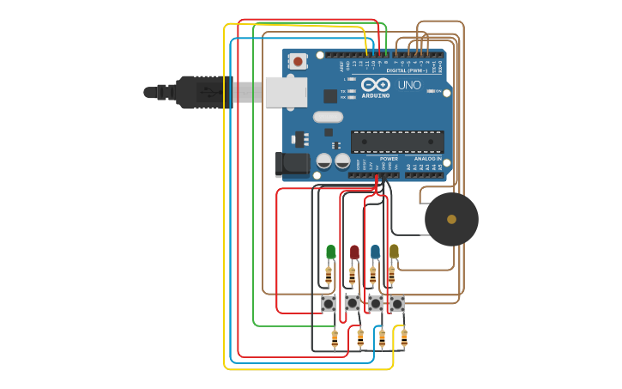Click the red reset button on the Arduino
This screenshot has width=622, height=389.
tap(298, 61)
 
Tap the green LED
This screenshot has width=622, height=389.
tap(331, 252)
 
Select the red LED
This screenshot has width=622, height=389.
tap(354, 252)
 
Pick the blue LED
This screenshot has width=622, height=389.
tap(375, 252)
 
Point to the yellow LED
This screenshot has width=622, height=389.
tap(394, 251)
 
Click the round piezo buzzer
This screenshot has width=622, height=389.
tap(451, 219)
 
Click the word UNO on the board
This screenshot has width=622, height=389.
tap(409, 85)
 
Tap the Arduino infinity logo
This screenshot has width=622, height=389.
tap(376, 84)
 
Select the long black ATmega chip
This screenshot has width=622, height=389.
tap(397, 143)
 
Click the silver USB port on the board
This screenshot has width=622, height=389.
tap(286, 92)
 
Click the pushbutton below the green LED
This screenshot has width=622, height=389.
tap(329, 303)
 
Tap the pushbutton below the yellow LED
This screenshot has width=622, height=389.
tap(396, 303)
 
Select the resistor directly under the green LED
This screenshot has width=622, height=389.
tap(329, 275)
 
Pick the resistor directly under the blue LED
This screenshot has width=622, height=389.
tap(372, 275)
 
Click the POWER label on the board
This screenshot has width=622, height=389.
tap(389, 159)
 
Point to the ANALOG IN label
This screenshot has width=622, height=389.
tap(428, 159)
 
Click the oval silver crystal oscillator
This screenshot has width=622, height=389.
tap(328, 117)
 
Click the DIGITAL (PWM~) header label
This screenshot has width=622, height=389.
tap(407, 70)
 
